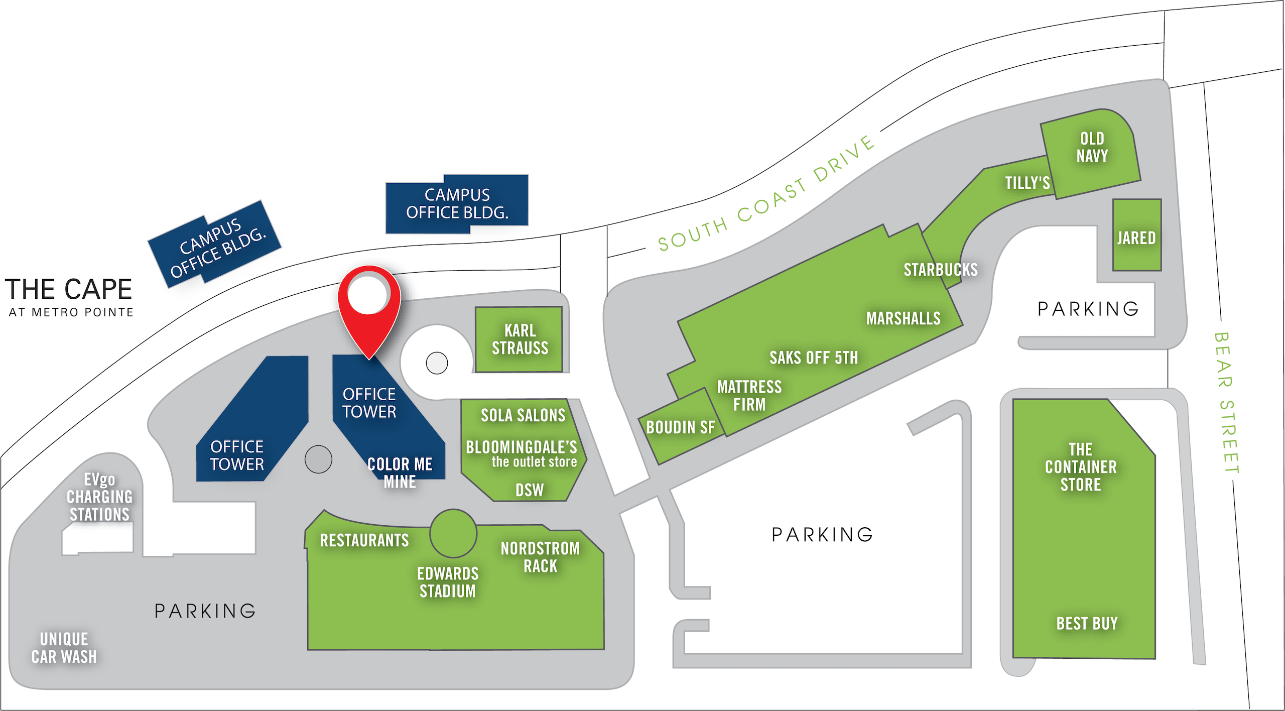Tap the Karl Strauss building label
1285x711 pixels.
pos(520,339)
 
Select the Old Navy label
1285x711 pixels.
pos(1092,147)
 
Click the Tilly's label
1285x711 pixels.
pos(1027,183)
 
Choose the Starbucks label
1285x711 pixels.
pos(941,270)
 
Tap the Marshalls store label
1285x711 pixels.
pos(903,318)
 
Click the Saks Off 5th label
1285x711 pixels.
pos(814,358)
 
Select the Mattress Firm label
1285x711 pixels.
pos(749,396)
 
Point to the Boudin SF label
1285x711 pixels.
pos(680,427)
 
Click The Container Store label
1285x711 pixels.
pos(1081,467)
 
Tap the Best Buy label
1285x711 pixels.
pos(1087,624)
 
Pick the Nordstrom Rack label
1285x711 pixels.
pos(540,557)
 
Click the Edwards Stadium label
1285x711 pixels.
pos(448,582)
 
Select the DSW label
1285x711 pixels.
pos(530,490)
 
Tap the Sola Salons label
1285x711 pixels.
pos(523,415)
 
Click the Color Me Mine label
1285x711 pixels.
pos(400,472)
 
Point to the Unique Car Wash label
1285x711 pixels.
pos(64,648)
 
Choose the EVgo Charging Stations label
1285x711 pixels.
pos(99,497)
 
